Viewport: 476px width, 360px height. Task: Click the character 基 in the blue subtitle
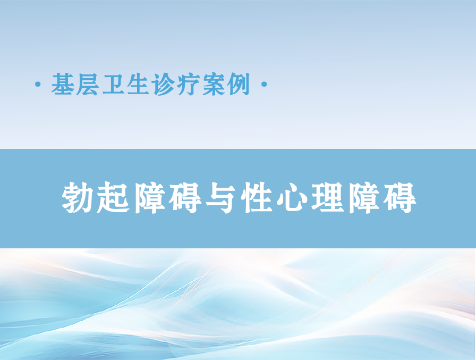click(63, 84)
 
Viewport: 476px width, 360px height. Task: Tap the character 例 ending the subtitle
click(239, 84)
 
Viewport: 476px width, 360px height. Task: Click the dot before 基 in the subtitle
click(38, 84)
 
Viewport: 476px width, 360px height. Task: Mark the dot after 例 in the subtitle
click(264, 84)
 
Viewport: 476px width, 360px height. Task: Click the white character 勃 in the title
click(77, 197)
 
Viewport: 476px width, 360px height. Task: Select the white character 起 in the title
click(113, 197)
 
